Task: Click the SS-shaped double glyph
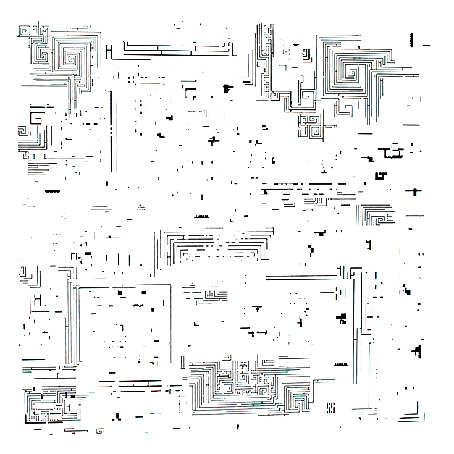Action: [x=330, y=407]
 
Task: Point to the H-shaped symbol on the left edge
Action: [x=35, y=298]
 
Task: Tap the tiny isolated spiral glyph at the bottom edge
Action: [x=99, y=432]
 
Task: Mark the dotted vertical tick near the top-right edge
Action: [x=412, y=38]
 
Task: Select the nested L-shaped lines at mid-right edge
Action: [x=374, y=214]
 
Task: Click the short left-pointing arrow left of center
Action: [x=111, y=236]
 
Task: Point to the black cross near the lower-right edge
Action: [x=417, y=351]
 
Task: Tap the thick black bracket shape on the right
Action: [x=381, y=175]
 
